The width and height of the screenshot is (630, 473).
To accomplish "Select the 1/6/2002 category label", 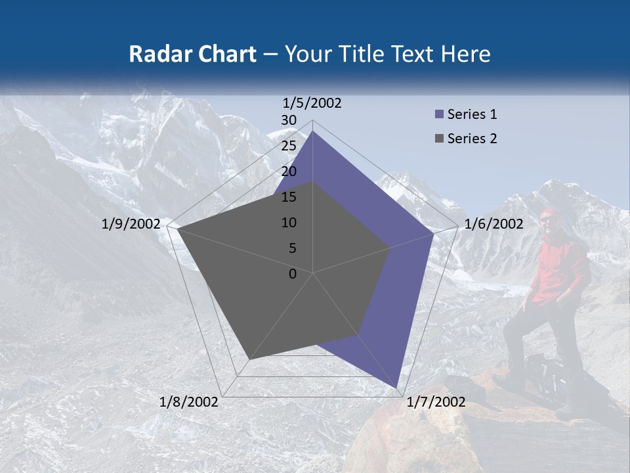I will [493, 224].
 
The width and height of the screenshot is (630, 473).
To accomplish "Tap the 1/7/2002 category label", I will [436, 402].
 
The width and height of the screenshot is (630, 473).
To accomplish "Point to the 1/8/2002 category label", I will [189, 402].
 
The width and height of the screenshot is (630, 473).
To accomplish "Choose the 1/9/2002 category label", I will [131, 224].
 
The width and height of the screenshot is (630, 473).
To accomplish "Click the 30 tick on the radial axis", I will [289, 120].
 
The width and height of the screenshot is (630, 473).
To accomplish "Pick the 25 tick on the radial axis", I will [289, 146].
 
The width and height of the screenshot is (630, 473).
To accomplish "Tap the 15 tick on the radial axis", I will [289, 197].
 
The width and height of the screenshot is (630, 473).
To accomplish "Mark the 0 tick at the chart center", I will [293, 274].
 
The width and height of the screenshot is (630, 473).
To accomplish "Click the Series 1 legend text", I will [472, 114].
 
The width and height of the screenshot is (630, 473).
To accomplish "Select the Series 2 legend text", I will [472, 139].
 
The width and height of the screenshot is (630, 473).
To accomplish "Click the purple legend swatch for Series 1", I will [440, 114].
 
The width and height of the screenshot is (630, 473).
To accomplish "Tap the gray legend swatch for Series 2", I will [440, 139].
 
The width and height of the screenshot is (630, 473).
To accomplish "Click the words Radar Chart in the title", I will [192, 54].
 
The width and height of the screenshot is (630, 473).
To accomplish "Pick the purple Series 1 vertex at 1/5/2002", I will [313, 131].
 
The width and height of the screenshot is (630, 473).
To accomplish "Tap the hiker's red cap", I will [548, 213].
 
